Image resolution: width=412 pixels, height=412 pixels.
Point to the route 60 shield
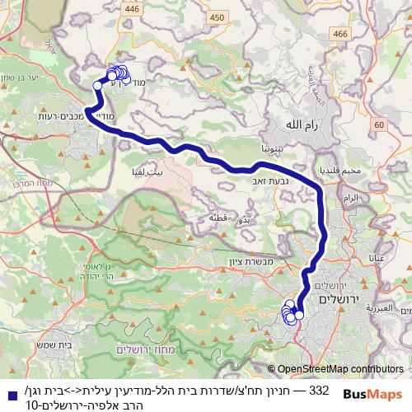[x=378, y=124]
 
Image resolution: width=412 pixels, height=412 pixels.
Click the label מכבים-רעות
[x=40, y=116]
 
